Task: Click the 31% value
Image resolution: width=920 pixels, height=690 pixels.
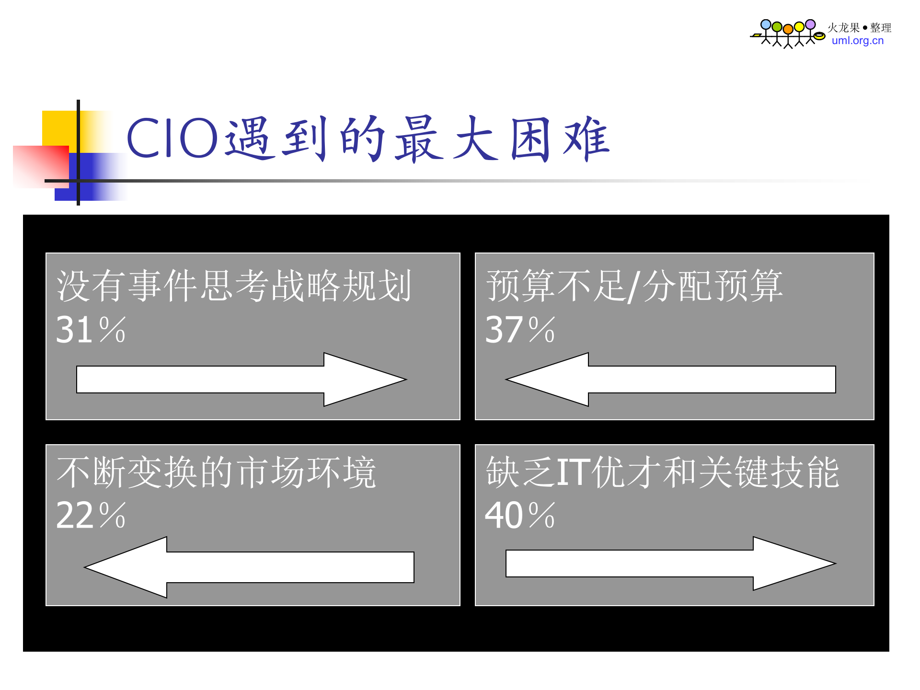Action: pos(90,330)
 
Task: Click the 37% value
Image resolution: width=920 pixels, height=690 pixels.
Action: pos(519,330)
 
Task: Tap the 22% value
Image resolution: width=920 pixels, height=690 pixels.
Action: pos(90,516)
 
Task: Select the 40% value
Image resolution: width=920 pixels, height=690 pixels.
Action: pos(519,516)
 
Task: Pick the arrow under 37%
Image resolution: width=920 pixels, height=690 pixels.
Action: pos(670,379)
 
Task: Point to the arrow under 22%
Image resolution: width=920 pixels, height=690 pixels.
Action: pos(249,567)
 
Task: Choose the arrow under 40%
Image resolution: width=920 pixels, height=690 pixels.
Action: pos(670,563)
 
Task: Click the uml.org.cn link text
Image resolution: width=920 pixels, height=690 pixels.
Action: pos(858,41)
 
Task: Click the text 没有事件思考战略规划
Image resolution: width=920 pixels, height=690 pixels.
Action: pos(234,286)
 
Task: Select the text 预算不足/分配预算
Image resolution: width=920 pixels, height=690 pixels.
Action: pos(634,286)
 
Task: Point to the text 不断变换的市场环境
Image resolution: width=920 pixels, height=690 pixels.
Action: pos(216,473)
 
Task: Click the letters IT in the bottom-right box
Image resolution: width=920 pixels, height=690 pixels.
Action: pos(573,473)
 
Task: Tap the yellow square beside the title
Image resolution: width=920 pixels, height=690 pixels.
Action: pos(58,126)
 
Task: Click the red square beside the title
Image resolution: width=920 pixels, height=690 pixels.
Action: pos(40,166)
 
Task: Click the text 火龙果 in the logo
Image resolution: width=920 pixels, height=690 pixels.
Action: pos(844,28)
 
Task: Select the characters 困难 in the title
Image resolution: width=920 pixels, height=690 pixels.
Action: pos(560,139)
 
